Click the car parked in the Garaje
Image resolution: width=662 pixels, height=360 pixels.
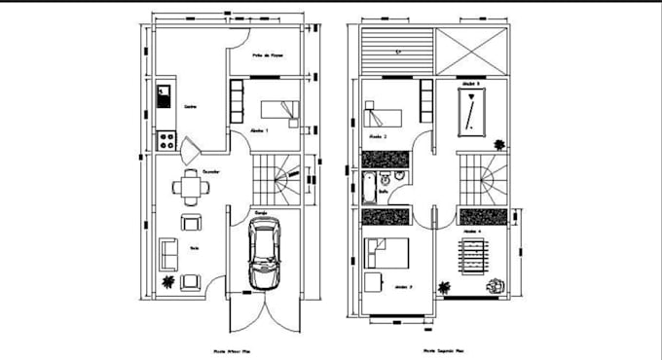click(x=264, y=252)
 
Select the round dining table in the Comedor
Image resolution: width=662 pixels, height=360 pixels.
click(x=188, y=187)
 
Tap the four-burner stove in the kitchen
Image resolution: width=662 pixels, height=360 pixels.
click(x=165, y=141)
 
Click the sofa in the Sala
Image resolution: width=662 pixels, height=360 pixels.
click(x=166, y=256)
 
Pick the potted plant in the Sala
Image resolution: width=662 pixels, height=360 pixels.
click(x=169, y=282)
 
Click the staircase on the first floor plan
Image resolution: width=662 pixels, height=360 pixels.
click(x=276, y=180)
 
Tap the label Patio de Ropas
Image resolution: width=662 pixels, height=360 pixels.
click(x=268, y=55)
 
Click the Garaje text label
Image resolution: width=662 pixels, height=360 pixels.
click(x=261, y=210)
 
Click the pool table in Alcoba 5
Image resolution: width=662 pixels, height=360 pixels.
click(x=470, y=116)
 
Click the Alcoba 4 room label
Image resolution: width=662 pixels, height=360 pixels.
click(x=472, y=231)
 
